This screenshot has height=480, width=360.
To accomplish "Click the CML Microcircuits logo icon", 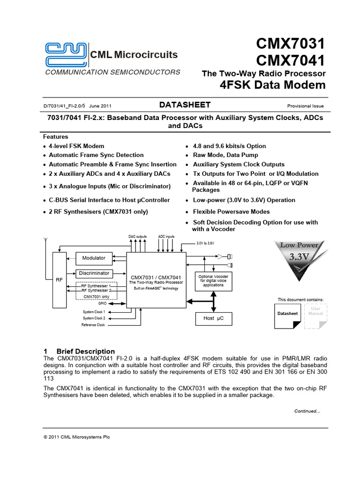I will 65,54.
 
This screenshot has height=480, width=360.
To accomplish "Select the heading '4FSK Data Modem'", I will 272,85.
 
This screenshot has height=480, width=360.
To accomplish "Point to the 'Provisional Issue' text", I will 305,106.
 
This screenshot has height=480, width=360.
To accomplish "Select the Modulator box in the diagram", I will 94,258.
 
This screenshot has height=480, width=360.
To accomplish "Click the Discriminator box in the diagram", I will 94,273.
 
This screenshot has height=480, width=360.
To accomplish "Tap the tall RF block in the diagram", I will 59,279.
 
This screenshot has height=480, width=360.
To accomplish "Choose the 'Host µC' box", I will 213,318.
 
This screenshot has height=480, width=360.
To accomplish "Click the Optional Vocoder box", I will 213,281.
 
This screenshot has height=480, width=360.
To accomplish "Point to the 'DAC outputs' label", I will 137,236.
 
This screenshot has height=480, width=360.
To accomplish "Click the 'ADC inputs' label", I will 166,236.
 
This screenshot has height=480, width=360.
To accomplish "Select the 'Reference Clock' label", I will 93,325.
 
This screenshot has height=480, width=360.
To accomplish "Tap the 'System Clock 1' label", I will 94,312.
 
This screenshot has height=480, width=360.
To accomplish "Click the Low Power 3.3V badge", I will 299,262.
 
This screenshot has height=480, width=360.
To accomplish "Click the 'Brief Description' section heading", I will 85,351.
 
